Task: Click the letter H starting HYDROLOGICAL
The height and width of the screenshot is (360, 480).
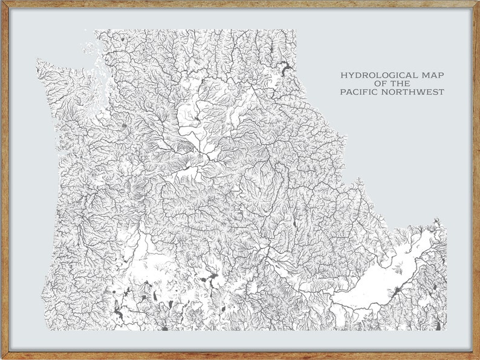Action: [343, 76]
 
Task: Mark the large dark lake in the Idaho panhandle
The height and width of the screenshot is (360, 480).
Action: [285, 68]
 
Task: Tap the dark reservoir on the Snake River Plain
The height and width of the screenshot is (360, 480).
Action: [396, 293]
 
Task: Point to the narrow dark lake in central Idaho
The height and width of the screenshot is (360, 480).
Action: [294, 224]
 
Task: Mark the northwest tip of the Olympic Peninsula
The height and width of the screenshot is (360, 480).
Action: [38, 61]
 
